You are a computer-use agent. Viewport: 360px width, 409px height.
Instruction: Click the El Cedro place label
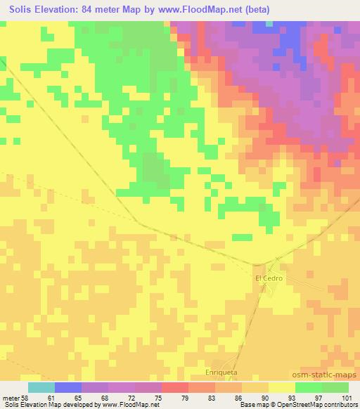click(x=269, y=278)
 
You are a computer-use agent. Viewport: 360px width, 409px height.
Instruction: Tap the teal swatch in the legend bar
click(x=41, y=387)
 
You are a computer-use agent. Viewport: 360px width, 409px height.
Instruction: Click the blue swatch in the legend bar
click(x=68, y=387)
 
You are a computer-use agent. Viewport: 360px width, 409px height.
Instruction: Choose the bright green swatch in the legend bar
click(x=309, y=387)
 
